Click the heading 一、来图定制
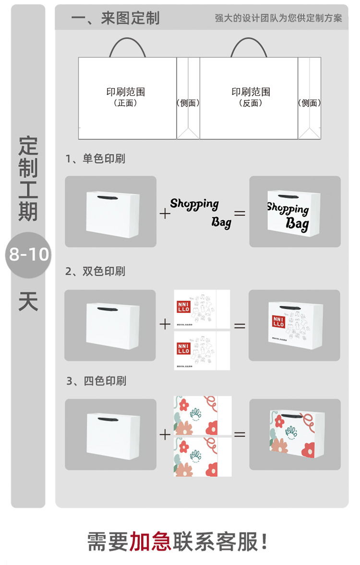coord(115,18)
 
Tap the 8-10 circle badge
coord(29,254)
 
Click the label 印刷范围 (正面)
coord(126,96)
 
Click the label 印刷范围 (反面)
coord(251,96)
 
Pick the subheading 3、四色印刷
coord(96,381)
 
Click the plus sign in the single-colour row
coord(165,213)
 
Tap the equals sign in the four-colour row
coord(240,435)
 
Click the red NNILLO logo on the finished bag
coord(278,321)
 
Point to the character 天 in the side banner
coord(28,301)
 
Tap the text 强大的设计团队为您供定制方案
coord(278,18)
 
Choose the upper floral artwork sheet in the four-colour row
coord(203,415)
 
